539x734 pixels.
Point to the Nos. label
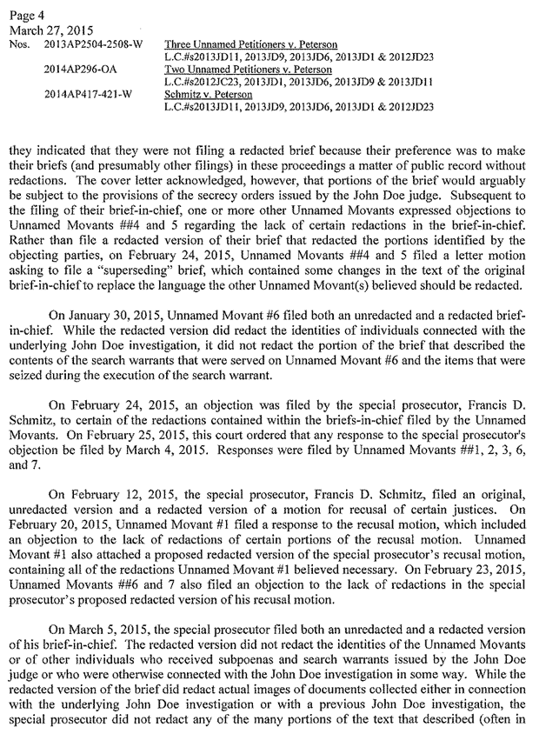tap(20, 43)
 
